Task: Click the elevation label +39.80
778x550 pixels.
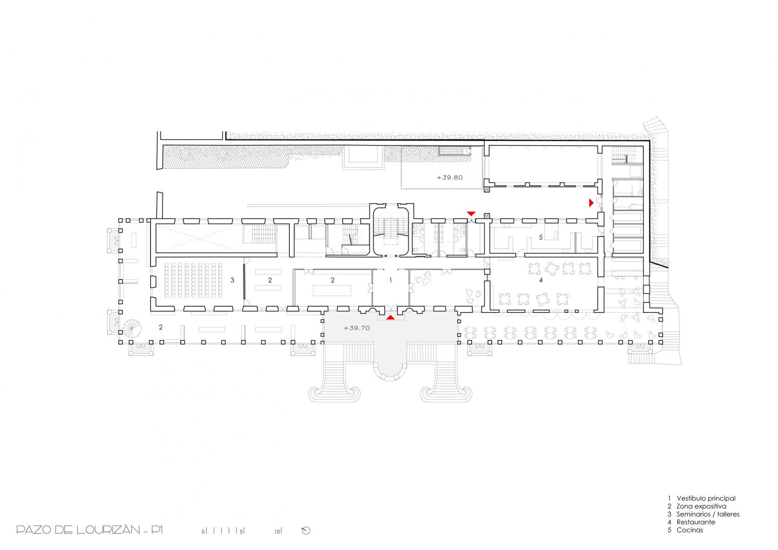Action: pos(449,178)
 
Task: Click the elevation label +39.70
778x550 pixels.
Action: pos(357,328)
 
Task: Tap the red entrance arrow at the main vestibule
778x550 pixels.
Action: pos(391,317)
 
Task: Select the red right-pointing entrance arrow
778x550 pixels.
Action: pos(591,203)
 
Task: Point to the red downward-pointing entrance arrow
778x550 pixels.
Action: pos(471,214)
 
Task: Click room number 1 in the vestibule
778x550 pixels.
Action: pos(391,280)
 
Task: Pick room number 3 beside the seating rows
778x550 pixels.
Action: pos(233,280)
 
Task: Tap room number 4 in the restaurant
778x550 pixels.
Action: pos(541,280)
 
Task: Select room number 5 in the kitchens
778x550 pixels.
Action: pos(541,238)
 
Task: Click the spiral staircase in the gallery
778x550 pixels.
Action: pos(132,328)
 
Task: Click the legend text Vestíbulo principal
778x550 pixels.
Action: pos(706,498)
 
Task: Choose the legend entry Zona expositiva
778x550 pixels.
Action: pos(701,506)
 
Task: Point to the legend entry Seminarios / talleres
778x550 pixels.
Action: pos(708,514)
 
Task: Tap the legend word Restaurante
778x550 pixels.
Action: pos(696,522)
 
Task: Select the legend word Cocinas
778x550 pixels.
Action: pos(690,530)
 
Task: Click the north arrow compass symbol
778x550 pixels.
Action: pos(306,530)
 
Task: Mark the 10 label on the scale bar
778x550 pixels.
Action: pos(277,531)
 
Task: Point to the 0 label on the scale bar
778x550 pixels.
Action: pos(203,531)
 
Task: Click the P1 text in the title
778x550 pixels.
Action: pos(156,530)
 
